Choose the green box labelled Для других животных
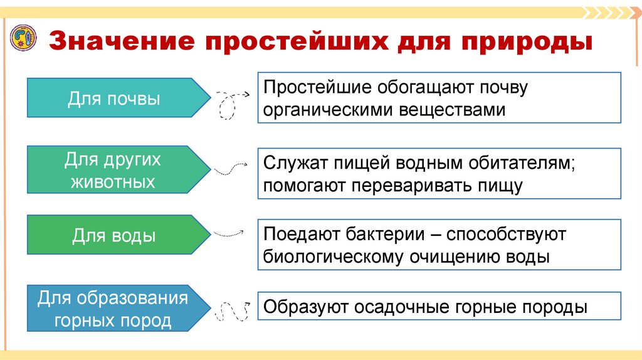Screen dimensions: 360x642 [113, 171]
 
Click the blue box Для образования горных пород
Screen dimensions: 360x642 [113, 309]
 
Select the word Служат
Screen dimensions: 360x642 [291, 162]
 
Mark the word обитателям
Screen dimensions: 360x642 [521, 162]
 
